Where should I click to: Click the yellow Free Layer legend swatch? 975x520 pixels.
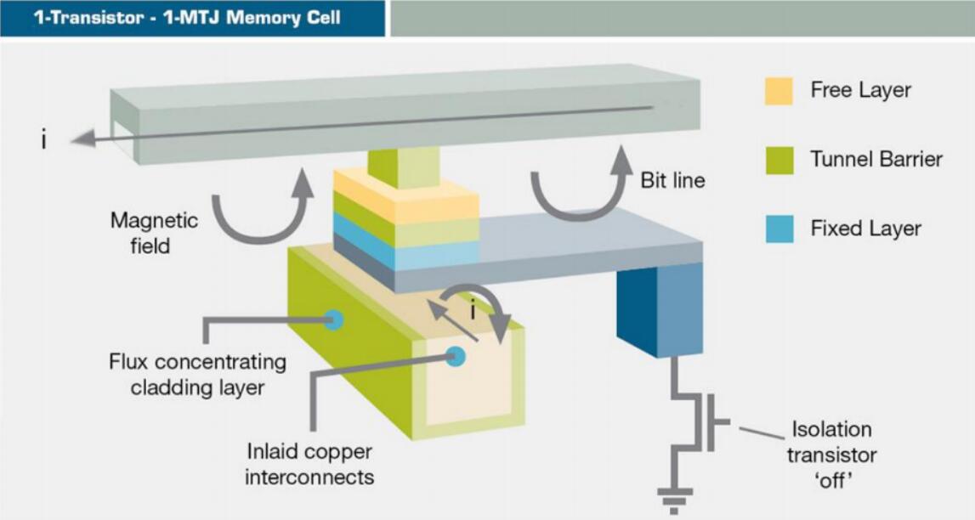pyautogui.click(x=779, y=91)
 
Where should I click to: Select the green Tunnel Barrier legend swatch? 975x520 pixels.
pyautogui.click(x=779, y=160)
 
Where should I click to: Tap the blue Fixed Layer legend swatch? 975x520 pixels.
pyautogui.click(x=779, y=229)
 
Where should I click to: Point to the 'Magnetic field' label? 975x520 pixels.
pyautogui.click(x=154, y=234)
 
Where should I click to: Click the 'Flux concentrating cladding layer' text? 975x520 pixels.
pyautogui.click(x=197, y=375)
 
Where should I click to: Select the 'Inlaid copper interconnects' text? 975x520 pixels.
pyautogui.click(x=309, y=464)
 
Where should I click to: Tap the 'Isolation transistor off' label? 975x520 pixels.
pyautogui.click(x=831, y=455)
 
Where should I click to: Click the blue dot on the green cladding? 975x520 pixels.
pyautogui.click(x=334, y=320)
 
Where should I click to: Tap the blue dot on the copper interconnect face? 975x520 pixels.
pyautogui.click(x=456, y=357)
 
